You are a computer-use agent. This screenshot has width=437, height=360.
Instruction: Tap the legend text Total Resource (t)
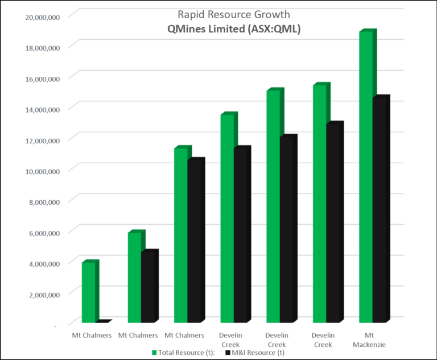185,353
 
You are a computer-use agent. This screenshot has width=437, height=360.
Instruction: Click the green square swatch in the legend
154,353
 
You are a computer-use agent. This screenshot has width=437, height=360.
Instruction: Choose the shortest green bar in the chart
89,293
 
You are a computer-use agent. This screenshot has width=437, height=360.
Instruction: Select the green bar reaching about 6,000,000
134,279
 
